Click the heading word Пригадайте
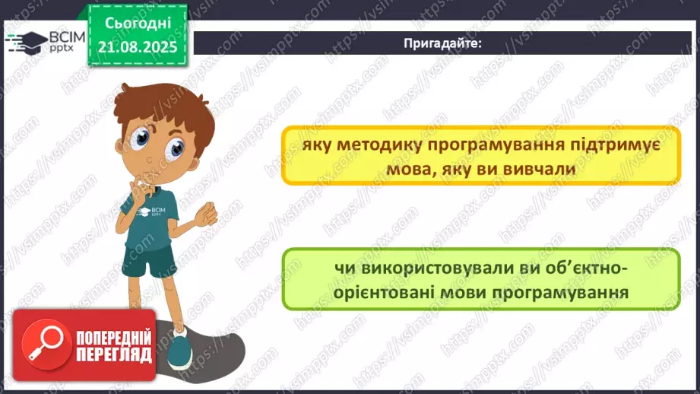point(442,43)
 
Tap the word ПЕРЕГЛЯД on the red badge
point(114,354)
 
